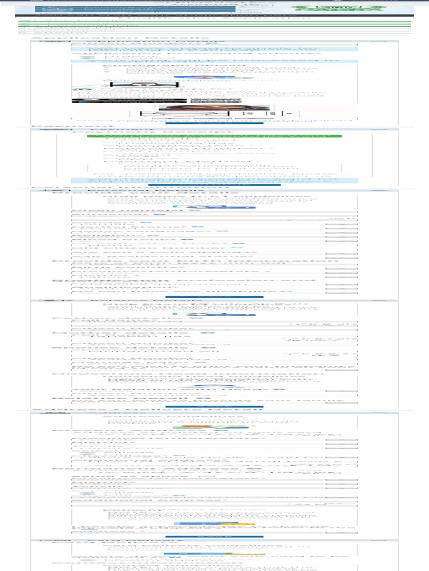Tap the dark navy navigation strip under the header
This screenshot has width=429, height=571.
coord(214,16)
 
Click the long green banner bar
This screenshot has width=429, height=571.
coord(214,136)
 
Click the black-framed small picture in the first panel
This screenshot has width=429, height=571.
coord(144,85)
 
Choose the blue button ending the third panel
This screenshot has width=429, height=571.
coord(214,297)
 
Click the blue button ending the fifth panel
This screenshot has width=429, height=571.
coord(214,536)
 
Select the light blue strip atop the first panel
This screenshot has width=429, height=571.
coord(214,49)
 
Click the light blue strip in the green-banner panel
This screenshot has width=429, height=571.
coord(214,181)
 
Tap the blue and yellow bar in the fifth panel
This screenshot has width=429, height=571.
coord(214,524)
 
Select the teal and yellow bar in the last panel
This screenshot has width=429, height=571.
coord(214,554)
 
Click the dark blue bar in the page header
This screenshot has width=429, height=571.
coord(134,9)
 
